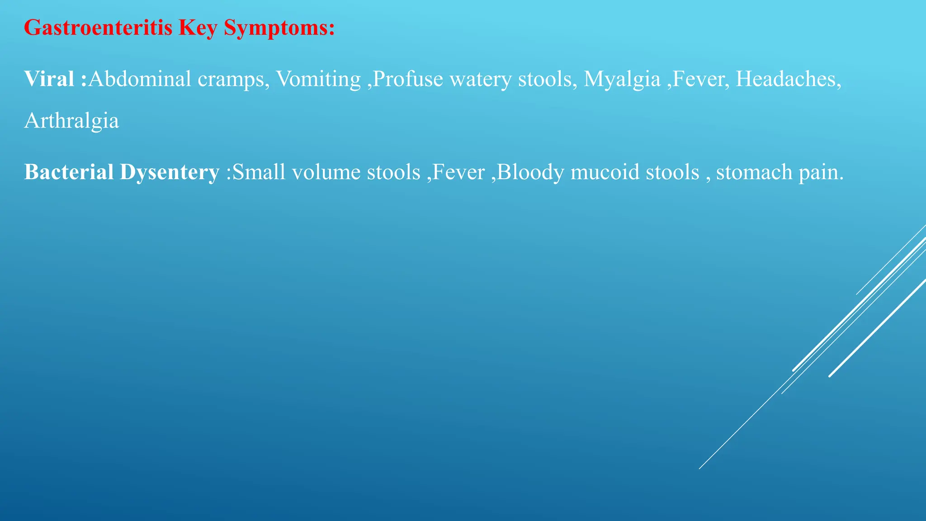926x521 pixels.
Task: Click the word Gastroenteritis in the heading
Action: coord(98,28)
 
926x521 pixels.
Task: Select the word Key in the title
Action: coord(198,28)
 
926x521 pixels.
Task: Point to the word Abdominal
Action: coord(140,79)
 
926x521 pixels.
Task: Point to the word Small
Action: coord(259,172)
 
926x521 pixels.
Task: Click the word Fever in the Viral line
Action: coord(701,79)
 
